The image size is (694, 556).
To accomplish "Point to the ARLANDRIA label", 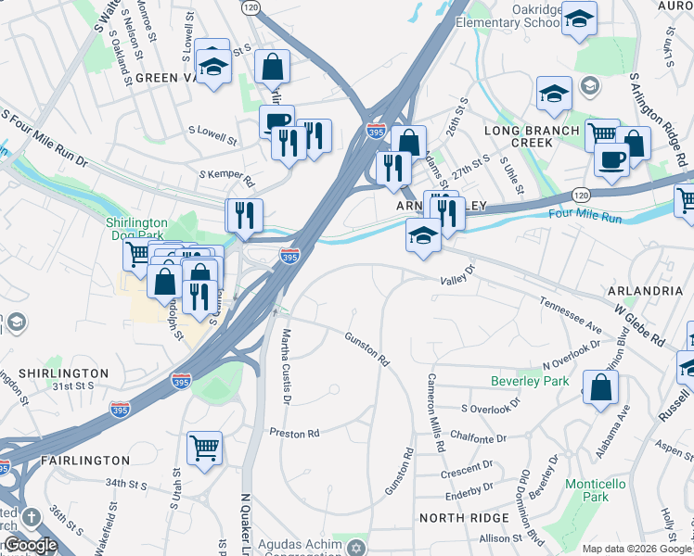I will pos(646,290).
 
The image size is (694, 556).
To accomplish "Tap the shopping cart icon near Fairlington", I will pos(204,448).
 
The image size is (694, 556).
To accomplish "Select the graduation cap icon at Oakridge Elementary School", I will pos(579,18).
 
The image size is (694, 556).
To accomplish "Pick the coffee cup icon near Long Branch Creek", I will pos(611,158).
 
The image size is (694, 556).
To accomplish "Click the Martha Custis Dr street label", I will pos(287,366).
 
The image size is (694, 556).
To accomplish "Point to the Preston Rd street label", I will pos(294,433).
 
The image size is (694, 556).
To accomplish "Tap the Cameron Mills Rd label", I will pos(434,412).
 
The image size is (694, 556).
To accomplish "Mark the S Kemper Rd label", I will pos(226,174).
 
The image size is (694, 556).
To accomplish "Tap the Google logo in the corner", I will pos(30,545).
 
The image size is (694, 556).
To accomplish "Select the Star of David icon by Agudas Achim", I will pos(353,549).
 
